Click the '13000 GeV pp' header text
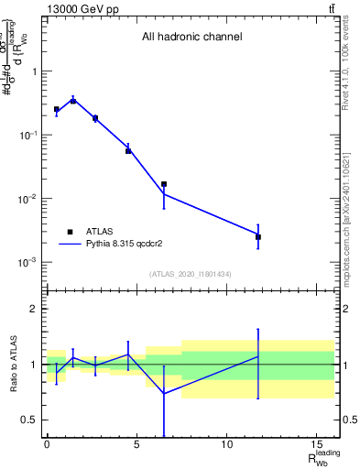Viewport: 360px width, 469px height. [x=82, y=9]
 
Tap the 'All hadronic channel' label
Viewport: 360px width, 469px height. [x=191, y=38]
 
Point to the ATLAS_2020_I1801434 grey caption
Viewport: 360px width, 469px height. [x=191, y=274]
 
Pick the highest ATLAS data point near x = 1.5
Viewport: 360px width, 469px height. [x=73, y=101]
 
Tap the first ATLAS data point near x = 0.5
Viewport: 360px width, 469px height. [x=56, y=109]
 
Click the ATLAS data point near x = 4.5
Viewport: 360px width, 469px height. [x=128, y=150]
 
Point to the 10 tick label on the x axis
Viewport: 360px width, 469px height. [x=226, y=445]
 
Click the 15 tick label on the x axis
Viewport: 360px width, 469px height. [x=316, y=445]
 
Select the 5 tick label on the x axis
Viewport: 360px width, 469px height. [x=136, y=445]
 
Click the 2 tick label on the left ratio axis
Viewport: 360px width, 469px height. [x=35, y=309]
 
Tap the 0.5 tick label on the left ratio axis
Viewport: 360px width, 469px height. [x=30, y=420]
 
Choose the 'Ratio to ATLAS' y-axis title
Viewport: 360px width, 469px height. [x=12, y=365]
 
